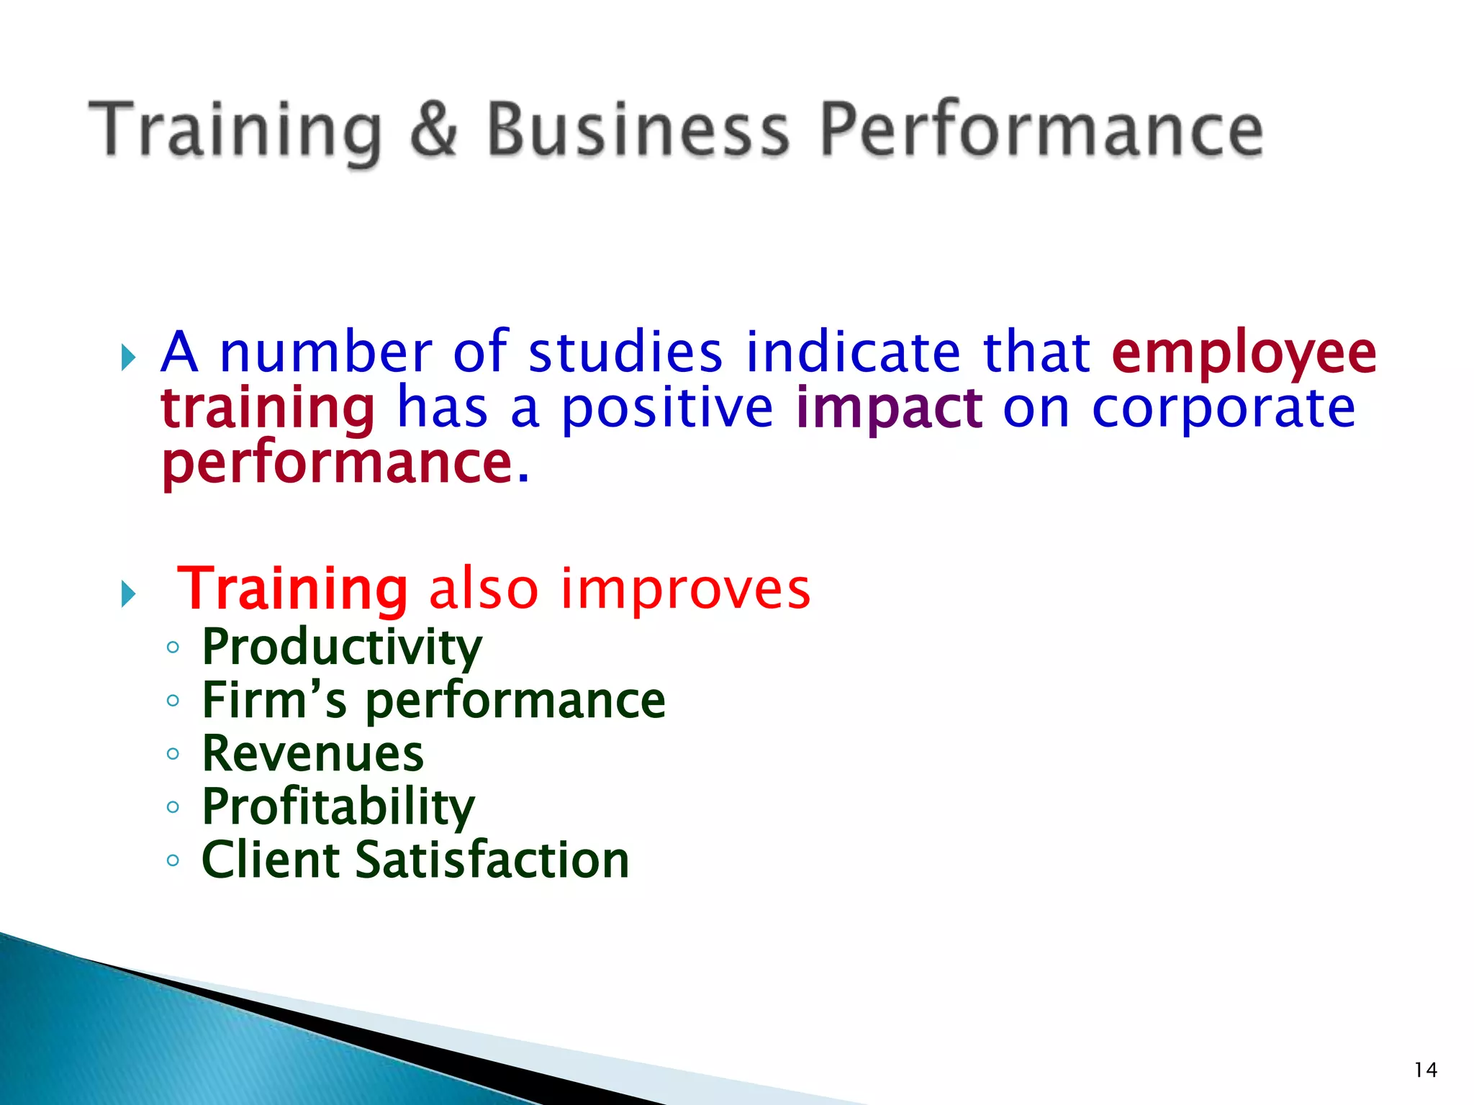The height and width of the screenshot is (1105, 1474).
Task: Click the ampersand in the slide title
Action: coord(434,129)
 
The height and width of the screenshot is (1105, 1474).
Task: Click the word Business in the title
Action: coord(638,129)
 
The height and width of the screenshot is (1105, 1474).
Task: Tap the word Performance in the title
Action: coord(1041,129)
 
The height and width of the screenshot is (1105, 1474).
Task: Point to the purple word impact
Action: coord(889,409)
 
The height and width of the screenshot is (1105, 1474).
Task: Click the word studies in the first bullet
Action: coord(625,353)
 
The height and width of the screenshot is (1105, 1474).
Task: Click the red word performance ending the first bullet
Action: coord(337,464)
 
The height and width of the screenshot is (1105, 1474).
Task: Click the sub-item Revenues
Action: coord(313,754)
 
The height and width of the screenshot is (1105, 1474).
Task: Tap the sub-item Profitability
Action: coord(338,807)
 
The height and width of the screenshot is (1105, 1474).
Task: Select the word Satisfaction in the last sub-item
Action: coord(492,860)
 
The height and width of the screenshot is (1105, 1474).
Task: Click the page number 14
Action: coord(1425,1070)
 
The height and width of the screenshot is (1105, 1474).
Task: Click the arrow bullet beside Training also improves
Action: coord(129,594)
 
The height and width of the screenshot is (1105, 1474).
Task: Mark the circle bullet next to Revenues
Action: coord(173,754)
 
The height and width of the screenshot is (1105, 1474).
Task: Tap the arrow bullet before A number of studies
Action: coord(129,357)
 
